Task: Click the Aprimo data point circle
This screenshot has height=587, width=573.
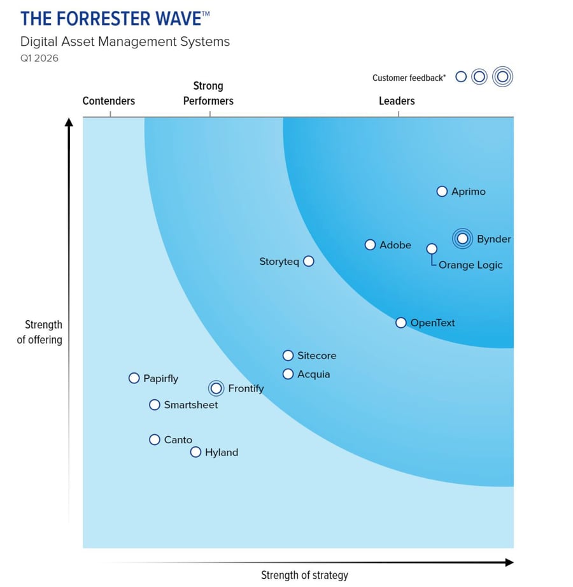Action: point(442,191)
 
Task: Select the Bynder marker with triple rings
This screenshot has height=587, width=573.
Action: point(463,239)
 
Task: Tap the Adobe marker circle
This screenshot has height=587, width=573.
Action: point(370,244)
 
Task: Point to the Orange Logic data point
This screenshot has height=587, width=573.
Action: point(432,248)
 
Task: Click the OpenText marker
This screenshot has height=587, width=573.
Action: point(400,323)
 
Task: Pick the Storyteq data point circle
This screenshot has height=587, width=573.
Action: point(309,261)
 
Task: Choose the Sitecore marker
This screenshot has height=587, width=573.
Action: point(288,355)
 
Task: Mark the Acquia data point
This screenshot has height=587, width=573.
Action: point(288,374)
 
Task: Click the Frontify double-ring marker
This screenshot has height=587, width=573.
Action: point(216,388)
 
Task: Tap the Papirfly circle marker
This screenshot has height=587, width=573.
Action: point(134,378)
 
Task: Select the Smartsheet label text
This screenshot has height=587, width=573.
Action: point(190,405)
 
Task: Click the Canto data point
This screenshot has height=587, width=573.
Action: point(154,439)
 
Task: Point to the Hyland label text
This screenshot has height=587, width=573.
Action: point(221,453)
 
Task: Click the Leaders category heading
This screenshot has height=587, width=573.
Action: point(397,101)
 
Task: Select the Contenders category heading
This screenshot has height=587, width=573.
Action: point(109,101)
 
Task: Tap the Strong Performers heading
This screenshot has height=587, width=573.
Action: point(208,93)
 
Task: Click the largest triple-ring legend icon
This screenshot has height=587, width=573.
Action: point(502,77)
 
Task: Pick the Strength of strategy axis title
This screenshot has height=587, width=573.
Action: point(304,575)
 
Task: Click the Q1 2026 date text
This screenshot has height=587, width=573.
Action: point(39,59)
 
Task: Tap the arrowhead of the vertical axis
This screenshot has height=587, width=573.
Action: point(69,122)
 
